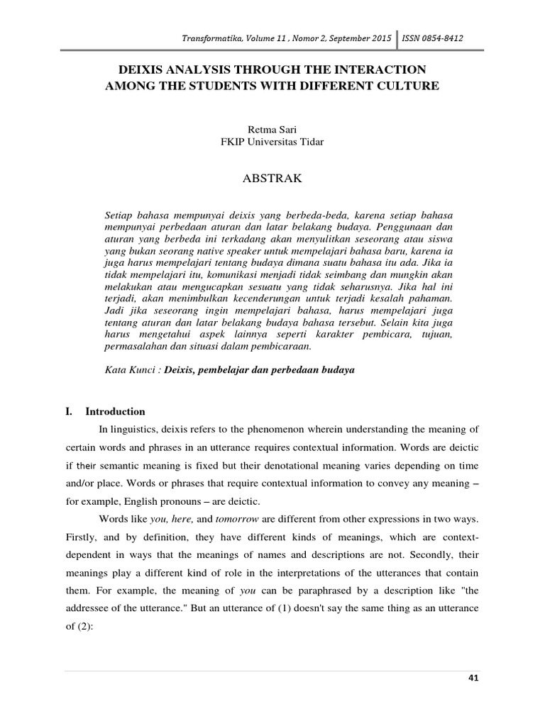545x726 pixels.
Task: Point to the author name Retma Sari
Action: (272, 129)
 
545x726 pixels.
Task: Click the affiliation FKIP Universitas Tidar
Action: (272, 141)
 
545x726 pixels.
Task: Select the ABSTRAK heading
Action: (272, 179)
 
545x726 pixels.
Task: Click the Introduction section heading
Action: (116, 411)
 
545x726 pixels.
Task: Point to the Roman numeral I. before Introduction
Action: (69, 411)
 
